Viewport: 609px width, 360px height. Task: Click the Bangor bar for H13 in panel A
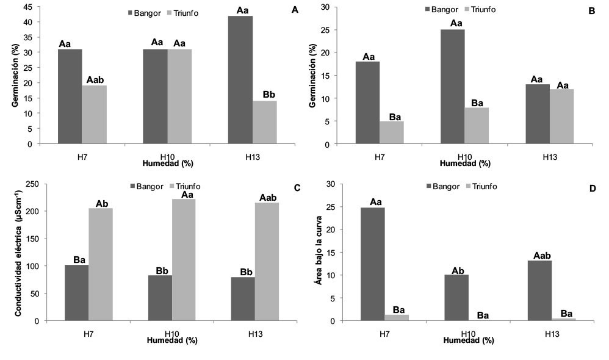[240, 80]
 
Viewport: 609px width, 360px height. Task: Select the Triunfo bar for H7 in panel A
[94, 115]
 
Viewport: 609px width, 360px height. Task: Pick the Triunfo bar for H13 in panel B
[561, 117]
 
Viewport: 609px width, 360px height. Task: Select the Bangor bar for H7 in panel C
[76, 292]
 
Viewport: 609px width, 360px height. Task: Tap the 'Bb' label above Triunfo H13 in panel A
[269, 95]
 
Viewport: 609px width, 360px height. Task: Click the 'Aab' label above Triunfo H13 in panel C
[267, 197]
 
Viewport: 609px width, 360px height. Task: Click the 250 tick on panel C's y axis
[33, 184]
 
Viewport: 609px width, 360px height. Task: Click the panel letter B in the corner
[591, 11]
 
